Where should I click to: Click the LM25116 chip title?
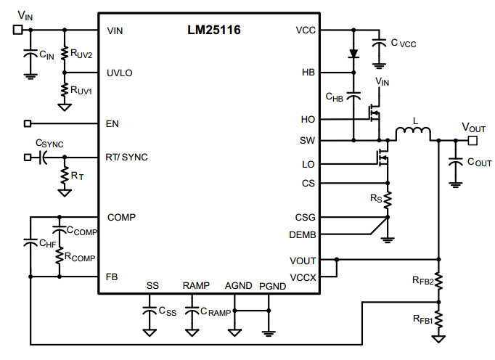pyautogui.click(x=213, y=30)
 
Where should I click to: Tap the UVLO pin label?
pyautogui.click(x=119, y=73)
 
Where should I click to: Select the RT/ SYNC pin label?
pyautogui.click(x=126, y=157)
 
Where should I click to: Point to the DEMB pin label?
pyautogui.click(x=303, y=235)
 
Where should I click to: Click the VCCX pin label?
pyautogui.click(x=303, y=277)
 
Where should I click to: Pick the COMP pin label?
pyautogui.click(x=121, y=217)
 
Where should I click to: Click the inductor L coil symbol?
pyautogui.click(x=413, y=133)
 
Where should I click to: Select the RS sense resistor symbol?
pyautogui.click(x=388, y=200)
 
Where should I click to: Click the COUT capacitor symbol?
pyautogui.click(x=455, y=161)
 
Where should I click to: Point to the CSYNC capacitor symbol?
pyautogui.click(x=43, y=157)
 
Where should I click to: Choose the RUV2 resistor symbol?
pyautogui.click(x=65, y=53)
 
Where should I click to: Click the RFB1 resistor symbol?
pyautogui.click(x=438, y=319)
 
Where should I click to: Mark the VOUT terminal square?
pyautogui.click(x=472, y=140)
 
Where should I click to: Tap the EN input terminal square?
pyautogui.click(x=28, y=123)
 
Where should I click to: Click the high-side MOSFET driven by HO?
pyautogui.click(x=375, y=113)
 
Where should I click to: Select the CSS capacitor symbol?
pyautogui.click(x=150, y=310)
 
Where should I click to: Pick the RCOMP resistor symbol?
pyautogui.click(x=60, y=255)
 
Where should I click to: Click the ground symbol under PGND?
pyautogui.click(x=269, y=333)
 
